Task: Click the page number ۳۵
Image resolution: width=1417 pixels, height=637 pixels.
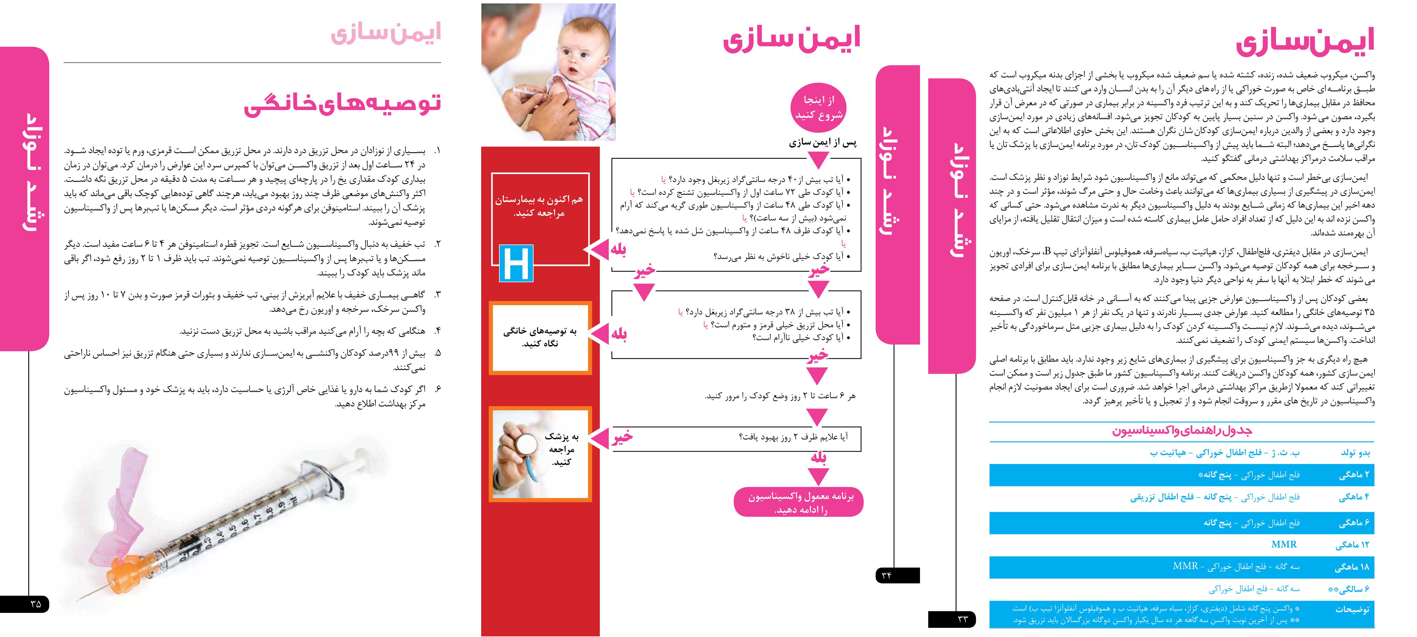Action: [35, 604]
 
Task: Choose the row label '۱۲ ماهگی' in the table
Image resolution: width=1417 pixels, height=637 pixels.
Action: [1352, 545]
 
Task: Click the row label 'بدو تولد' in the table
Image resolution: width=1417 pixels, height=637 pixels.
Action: [1355, 453]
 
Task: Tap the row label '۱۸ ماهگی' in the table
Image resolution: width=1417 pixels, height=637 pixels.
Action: [1352, 567]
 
